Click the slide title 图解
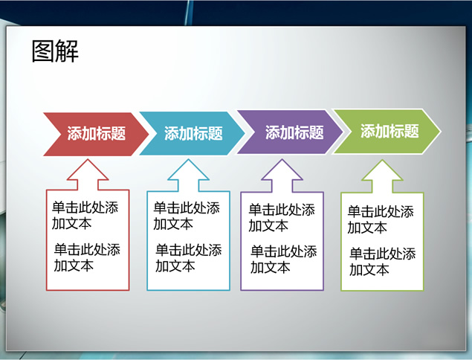[x=55, y=51]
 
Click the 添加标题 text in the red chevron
[x=97, y=133]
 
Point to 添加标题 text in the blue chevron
[x=193, y=133]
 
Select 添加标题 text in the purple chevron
[x=294, y=132]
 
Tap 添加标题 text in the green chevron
[x=389, y=131]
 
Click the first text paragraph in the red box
[x=85, y=216]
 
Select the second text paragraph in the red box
[x=87, y=257]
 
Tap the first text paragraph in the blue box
[x=187, y=216]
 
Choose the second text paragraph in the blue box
[x=189, y=258]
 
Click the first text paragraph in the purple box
[x=282, y=218]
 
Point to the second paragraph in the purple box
[x=284, y=260]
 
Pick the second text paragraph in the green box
[x=383, y=262]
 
